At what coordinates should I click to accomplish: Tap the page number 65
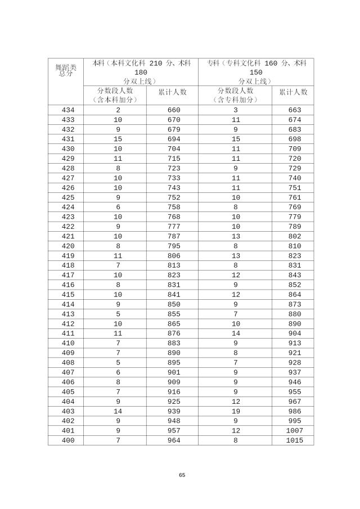point(182,475)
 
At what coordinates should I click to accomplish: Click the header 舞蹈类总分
point(66,69)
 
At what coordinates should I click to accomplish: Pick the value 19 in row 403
point(236,412)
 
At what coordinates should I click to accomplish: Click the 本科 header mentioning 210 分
point(141,72)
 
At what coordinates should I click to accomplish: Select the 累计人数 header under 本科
point(172,91)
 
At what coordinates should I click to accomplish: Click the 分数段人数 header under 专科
point(235,95)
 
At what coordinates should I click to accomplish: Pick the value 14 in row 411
point(236,334)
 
